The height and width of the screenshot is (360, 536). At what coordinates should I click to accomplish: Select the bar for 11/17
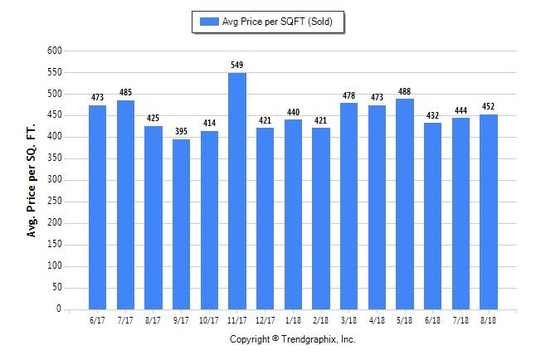click(x=237, y=191)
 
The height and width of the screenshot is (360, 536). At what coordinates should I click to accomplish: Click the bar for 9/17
click(x=181, y=224)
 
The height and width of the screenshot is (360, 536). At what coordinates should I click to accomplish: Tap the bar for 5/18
click(x=405, y=204)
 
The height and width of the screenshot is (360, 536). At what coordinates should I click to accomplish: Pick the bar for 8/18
click(x=489, y=212)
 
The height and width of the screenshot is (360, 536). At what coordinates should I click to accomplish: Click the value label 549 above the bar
click(x=237, y=65)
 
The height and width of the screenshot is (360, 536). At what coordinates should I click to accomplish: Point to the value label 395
click(x=181, y=131)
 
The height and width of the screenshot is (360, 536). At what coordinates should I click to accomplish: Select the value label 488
click(x=404, y=91)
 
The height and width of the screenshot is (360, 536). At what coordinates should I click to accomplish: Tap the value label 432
click(x=432, y=115)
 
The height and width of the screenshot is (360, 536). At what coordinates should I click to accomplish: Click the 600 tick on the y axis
click(x=55, y=51)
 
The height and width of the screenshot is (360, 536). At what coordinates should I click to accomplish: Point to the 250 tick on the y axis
click(x=55, y=201)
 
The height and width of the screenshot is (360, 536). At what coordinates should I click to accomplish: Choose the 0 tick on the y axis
click(x=59, y=309)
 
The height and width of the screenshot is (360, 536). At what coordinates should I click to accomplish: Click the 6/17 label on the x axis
click(x=97, y=320)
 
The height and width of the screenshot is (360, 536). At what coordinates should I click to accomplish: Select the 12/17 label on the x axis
click(x=266, y=320)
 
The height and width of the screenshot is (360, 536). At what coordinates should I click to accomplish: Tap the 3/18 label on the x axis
click(x=348, y=320)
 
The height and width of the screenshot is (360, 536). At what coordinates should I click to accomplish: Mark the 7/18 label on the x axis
click(x=460, y=320)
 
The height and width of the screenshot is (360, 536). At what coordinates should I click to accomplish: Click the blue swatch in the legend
click(x=209, y=22)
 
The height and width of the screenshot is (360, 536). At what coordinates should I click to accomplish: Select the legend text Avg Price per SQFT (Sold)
click(x=277, y=22)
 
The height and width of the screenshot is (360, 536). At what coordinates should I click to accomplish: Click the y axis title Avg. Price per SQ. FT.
click(x=31, y=181)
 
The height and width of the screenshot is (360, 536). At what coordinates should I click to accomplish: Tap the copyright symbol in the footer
click(x=275, y=338)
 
